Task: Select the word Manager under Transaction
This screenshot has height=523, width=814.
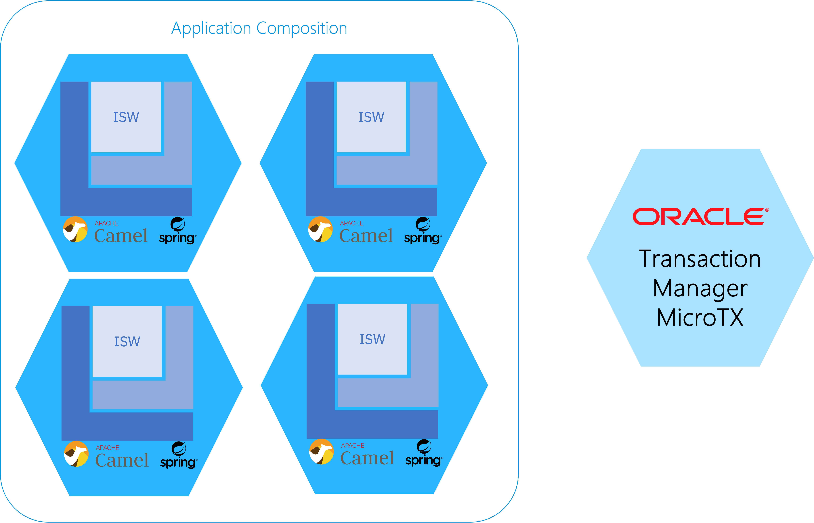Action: (x=700, y=289)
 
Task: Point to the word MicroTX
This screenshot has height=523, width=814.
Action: (x=700, y=318)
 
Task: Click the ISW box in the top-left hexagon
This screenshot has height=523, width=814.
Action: (x=126, y=117)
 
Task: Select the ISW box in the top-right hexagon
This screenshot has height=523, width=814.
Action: (x=371, y=117)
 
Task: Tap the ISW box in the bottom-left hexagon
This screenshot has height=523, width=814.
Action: (x=127, y=341)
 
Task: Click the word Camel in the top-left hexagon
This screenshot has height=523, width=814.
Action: (x=121, y=236)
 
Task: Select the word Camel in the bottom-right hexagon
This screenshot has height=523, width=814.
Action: (x=367, y=458)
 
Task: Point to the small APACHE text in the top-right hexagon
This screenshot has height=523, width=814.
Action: (x=352, y=223)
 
